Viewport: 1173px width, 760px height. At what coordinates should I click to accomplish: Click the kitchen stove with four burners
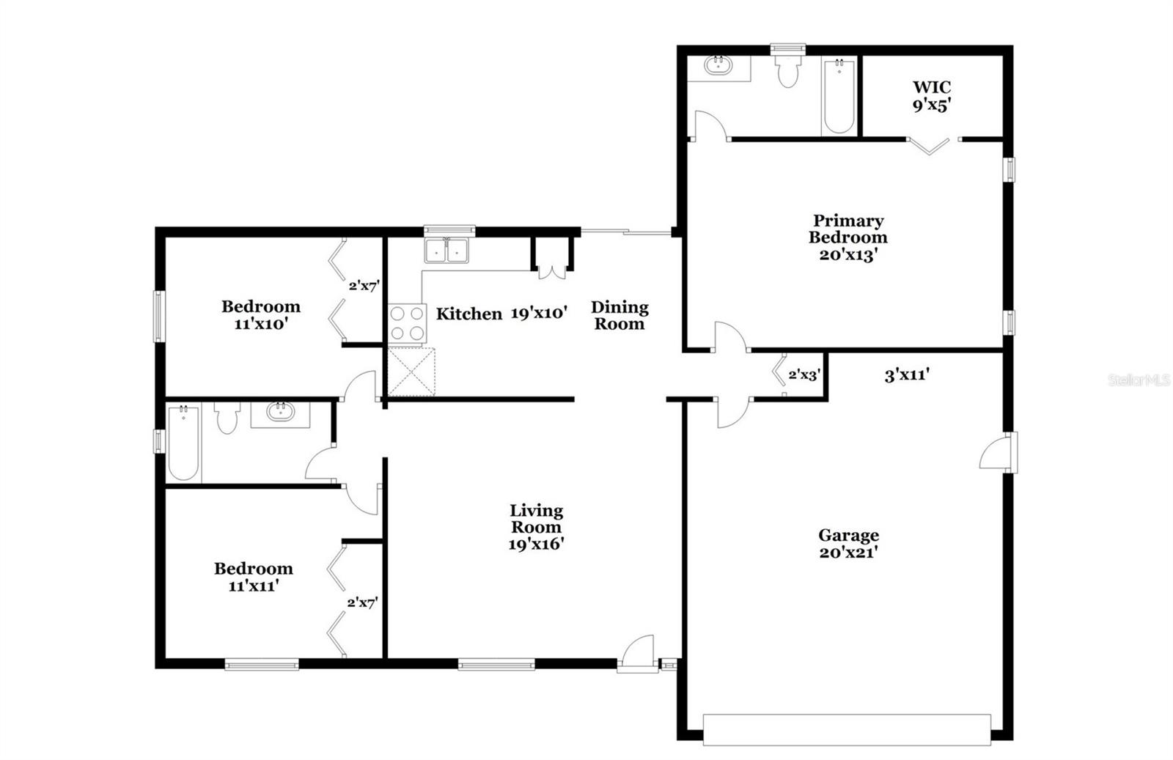[407, 323]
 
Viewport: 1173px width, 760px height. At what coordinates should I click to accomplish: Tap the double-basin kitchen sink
[446, 250]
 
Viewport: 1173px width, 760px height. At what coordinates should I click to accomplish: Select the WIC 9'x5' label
[932, 96]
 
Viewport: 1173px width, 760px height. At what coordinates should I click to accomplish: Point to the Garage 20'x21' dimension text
[848, 552]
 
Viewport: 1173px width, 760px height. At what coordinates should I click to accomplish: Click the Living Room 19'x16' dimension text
[536, 545]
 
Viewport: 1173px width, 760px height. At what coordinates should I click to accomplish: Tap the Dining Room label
[619, 315]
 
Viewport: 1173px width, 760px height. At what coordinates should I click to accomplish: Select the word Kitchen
[468, 314]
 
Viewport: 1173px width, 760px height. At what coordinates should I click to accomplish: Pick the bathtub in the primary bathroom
[839, 96]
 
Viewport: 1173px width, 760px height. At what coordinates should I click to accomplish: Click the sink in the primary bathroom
[716, 65]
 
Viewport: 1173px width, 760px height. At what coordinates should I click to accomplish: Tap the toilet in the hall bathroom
[227, 418]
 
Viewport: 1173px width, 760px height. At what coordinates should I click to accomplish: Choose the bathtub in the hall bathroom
[183, 442]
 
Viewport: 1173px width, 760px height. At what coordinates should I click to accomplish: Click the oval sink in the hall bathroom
[280, 411]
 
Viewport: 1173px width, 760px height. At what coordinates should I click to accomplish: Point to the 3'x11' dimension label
[907, 375]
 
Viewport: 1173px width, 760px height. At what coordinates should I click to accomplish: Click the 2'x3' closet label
[804, 375]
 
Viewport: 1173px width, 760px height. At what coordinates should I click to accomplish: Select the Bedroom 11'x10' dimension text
[261, 324]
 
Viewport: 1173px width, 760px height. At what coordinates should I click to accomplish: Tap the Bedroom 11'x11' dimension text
[253, 586]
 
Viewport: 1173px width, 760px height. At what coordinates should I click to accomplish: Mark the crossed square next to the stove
[411, 371]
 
